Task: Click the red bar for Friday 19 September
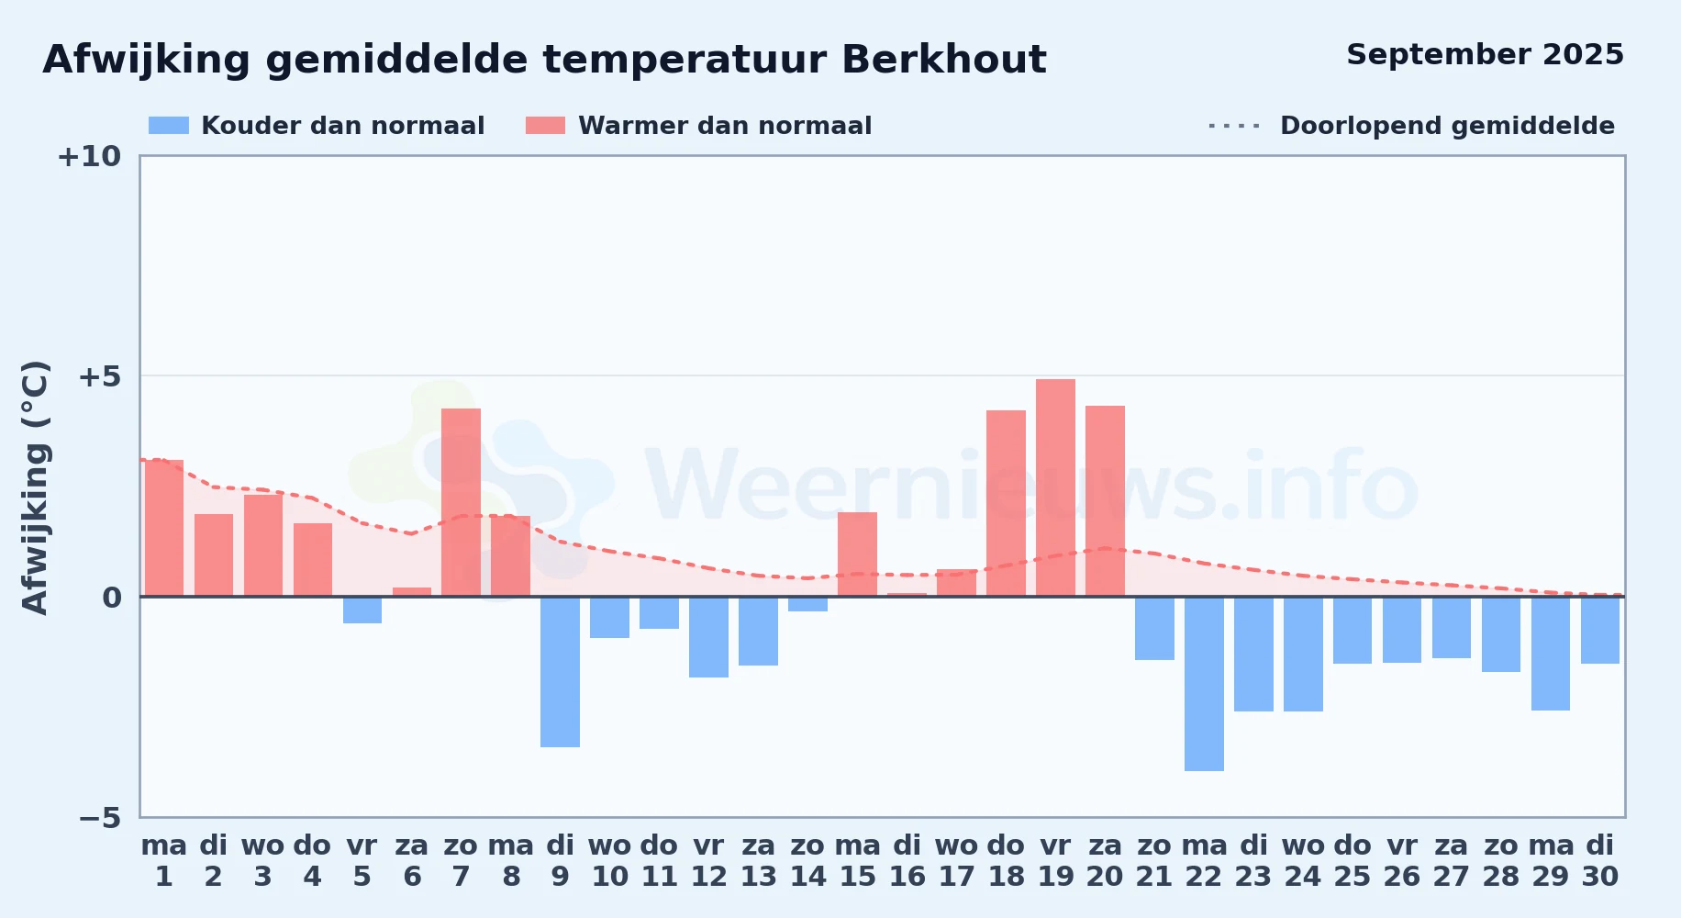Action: [1055, 487]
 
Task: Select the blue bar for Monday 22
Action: [1204, 684]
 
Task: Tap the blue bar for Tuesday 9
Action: [560, 672]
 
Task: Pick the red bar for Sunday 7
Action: [461, 502]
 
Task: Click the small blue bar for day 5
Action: [362, 610]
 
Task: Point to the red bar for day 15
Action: [857, 554]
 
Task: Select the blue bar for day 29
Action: [1551, 654]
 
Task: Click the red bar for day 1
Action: [164, 528]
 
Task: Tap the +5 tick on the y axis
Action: [99, 376]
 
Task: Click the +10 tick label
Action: [89, 156]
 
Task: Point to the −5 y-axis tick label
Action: [99, 817]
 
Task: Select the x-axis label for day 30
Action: [1600, 861]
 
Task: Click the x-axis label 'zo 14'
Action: [807, 861]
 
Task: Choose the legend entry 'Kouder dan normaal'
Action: [317, 126]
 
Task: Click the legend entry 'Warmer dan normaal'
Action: [698, 126]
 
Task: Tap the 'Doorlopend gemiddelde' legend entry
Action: [1412, 126]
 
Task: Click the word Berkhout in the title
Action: [943, 60]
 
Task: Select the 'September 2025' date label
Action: [1485, 55]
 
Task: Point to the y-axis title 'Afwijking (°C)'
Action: [35, 487]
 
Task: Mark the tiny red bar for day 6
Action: [412, 592]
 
